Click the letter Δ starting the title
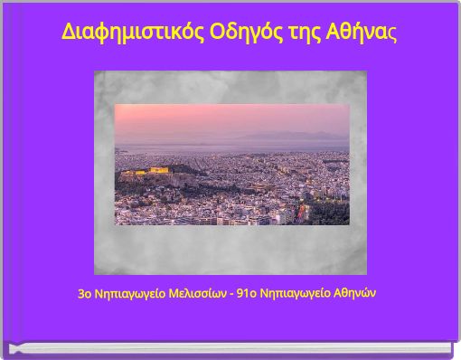coord(68,32)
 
